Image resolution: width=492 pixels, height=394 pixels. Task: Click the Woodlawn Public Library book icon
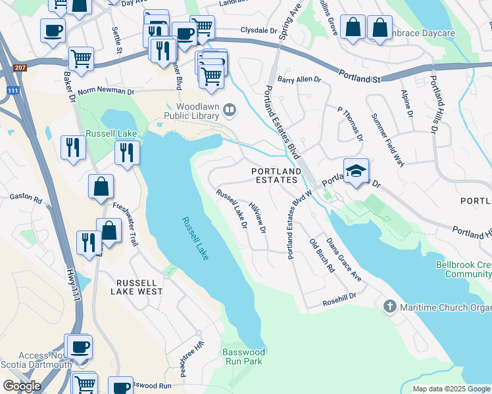230,110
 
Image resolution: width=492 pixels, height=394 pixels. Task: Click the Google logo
22,386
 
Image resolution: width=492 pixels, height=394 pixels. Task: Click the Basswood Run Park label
242,357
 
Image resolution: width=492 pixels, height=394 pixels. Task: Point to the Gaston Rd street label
26,197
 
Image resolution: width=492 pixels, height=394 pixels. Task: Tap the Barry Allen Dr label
299,79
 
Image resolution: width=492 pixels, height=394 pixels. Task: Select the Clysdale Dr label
259,30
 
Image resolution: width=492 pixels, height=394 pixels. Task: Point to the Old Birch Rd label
322,257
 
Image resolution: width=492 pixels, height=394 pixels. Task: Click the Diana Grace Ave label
345,260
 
